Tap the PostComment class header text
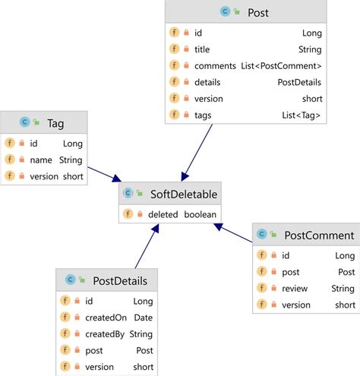318,235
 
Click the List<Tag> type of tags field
301,115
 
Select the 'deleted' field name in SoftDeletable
163,215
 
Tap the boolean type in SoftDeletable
200,215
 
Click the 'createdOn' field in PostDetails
106,318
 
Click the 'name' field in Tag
42,160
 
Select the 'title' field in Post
202,49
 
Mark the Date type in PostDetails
144,318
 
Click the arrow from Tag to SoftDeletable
103,173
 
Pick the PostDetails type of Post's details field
300,82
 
